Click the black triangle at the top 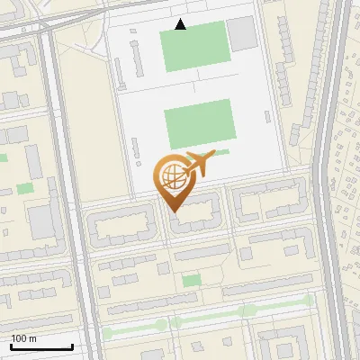pyautogui.click(x=181, y=24)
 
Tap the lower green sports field pyautogui.click(x=199, y=121)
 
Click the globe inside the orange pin pyautogui.click(x=171, y=174)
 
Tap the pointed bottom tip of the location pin pyautogui.click(x=174, y=211)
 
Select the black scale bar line pyautogui.click(x=41, y=346)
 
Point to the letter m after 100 pyautogui.click(x=32, y=338)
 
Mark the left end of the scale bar pyautogui.click(x=11, y=346)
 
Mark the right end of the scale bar pyautogui.click(x=72, y=346)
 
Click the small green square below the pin pyautogui.click(x=191, y=281)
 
